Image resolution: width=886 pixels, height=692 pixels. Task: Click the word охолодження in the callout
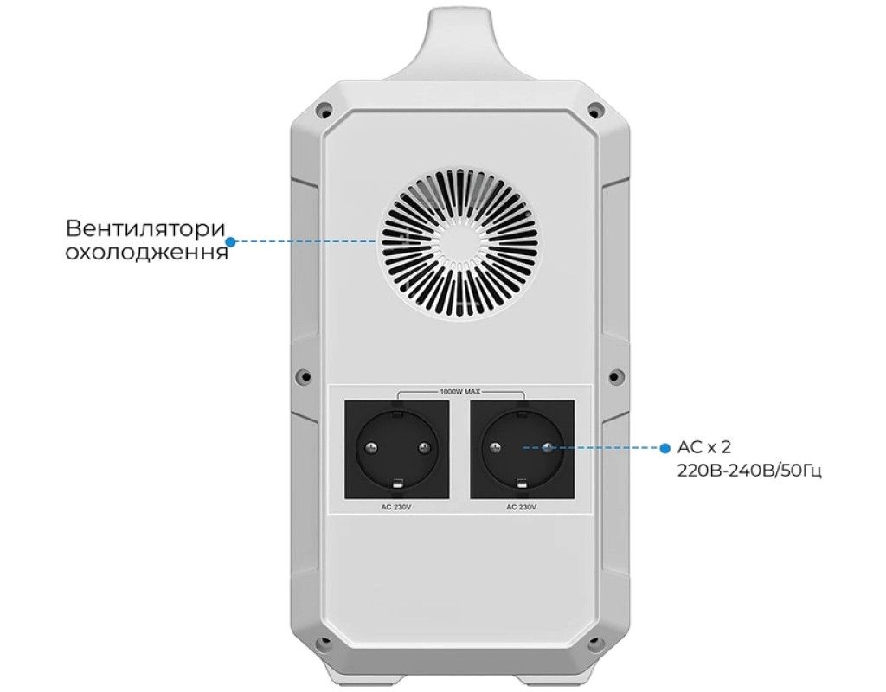(x=147, y=253)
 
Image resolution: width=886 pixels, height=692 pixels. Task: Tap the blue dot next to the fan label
(x=231, y=241)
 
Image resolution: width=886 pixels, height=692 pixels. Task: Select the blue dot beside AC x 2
(x=664, y=448)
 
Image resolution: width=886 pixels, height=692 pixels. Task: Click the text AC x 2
(x=704, y=448)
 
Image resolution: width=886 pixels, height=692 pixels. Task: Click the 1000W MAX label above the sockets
(x=459, y=392)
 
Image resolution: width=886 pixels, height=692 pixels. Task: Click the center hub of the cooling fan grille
(x=459, y=243)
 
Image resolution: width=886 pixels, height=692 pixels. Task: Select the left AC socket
(x=396, y=448)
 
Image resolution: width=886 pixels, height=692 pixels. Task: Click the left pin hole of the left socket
(x=370, y=448)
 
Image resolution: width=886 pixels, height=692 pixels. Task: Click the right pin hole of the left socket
(x=423, y=448)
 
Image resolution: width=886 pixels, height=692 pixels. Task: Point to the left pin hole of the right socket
(x=496, y=448)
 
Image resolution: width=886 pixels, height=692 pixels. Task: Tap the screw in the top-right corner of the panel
(x=594, y=110)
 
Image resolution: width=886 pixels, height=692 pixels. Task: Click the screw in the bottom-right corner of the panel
(x=594, y=644)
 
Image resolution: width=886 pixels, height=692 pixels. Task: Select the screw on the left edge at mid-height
(x=302, y=376)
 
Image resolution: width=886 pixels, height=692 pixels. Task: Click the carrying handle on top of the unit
(x=459, y=43)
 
